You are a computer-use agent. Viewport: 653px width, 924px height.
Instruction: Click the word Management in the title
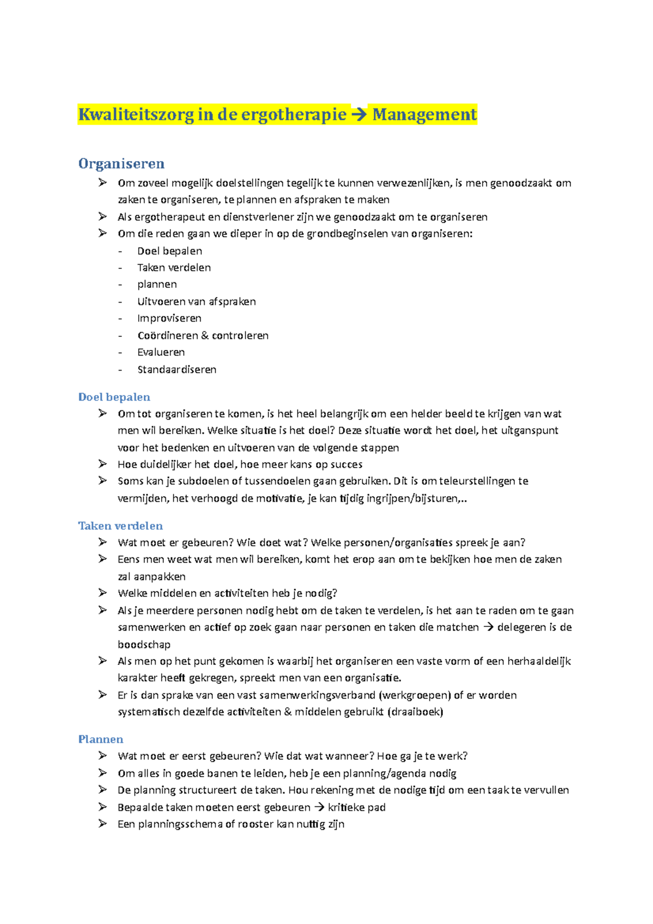tap(424, 115)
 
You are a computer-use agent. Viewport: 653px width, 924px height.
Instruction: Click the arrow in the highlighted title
tap(359, 115)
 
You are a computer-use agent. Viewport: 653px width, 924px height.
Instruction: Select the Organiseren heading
tap(121, 164)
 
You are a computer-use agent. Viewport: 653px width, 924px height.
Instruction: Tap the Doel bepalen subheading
tap(114, 397)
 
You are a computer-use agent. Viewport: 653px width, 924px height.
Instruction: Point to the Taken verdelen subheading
tap(120, 526)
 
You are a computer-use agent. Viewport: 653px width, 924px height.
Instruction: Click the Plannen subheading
tap(101, 740)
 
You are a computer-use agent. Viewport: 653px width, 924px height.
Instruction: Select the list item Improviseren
tap(169, 318)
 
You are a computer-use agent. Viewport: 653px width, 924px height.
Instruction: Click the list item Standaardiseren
tap(177, 369)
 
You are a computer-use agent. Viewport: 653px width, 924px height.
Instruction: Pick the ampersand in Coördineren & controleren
tap(205, 336)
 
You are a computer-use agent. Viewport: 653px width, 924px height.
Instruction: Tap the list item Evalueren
tap(161, 353)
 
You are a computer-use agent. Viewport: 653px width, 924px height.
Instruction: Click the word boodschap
tap(144, 645)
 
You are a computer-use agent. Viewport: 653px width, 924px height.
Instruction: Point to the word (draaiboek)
tap(415, 712)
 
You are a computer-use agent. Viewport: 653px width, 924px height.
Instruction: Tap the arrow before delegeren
tap(488, 627)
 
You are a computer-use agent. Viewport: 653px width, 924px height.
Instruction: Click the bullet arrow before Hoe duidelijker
tap(102, 464)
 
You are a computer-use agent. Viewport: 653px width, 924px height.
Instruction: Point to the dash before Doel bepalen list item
tap(120, 251)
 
